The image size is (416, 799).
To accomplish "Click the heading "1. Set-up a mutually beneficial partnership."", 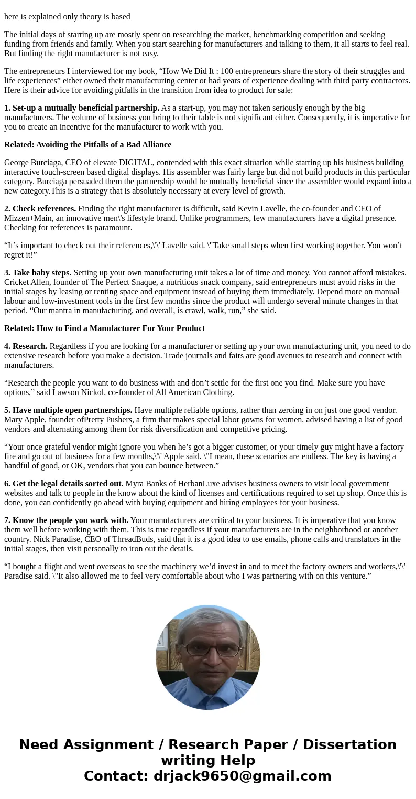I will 82,108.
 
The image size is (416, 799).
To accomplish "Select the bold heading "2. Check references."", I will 40,209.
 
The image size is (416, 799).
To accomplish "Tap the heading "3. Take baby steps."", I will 38,273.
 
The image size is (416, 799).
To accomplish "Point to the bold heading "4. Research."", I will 26,346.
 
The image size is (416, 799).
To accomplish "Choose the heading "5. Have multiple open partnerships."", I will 68,410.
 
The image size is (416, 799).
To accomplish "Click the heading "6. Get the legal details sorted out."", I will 63,484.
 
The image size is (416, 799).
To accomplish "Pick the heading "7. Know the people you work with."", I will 66,520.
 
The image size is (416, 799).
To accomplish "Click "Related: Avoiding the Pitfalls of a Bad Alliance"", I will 87,145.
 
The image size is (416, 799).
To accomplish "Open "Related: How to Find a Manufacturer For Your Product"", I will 104,328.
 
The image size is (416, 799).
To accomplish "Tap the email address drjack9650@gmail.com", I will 242,776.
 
